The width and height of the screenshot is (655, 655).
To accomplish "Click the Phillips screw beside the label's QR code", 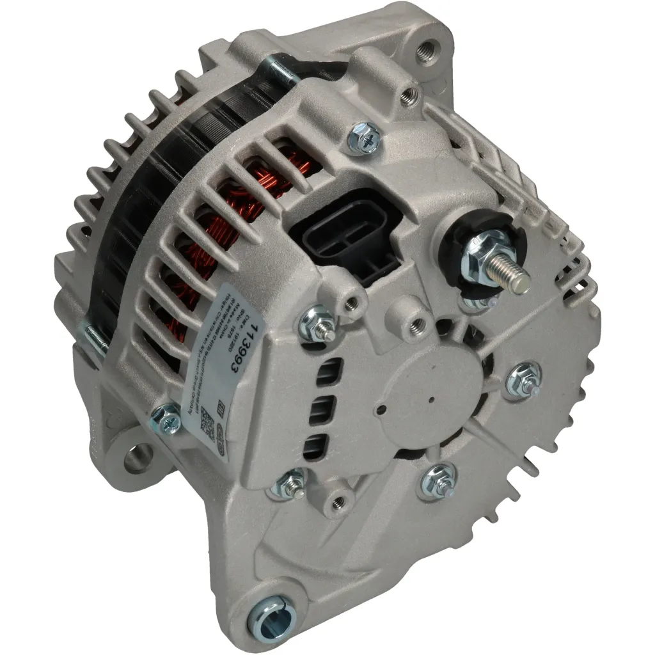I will click(x=168, y=420).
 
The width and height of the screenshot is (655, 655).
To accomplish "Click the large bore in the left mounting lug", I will click(x=138, y=460).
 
